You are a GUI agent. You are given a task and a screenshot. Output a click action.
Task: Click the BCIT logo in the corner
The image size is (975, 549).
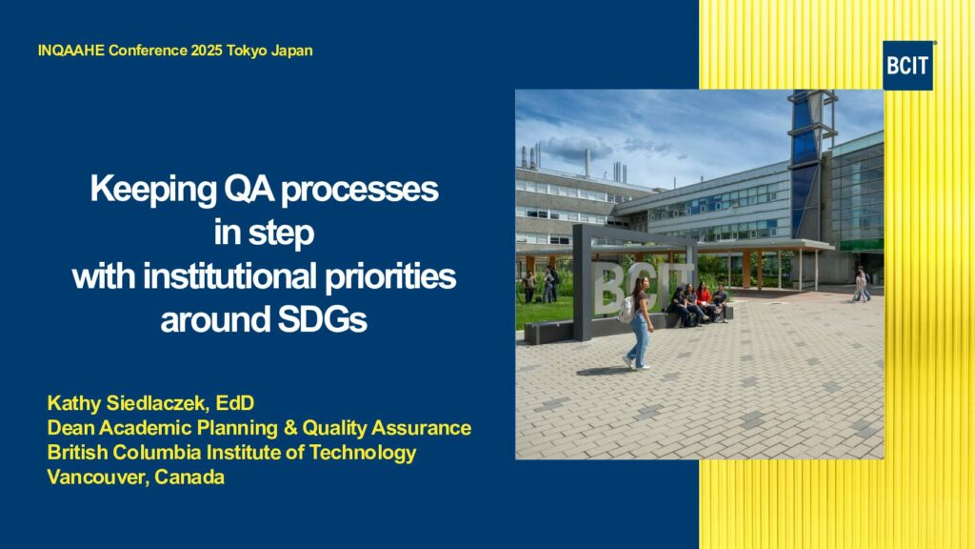click(x=907, y=66)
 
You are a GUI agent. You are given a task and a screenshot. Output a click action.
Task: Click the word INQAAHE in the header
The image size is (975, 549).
click(x=70, y=51)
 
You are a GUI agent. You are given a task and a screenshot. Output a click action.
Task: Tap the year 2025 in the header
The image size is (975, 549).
click(x=207, y=51)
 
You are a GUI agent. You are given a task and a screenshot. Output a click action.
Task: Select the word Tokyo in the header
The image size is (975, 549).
click(x=247, y=51)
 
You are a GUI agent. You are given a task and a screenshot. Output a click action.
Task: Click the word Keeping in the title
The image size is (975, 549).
click(x=153, y=190)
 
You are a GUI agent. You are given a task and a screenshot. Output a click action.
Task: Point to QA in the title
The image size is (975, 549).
click(x=249, y=190)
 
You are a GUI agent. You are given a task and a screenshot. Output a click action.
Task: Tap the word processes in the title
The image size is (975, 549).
click(x=359, y=190)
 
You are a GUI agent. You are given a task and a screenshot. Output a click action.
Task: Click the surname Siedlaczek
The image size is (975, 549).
click(x=155, y=403)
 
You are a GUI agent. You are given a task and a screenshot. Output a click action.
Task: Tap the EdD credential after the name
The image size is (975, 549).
click(x=235, y=403)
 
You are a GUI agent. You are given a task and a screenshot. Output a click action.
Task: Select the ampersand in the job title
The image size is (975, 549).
click(x=289, y=428)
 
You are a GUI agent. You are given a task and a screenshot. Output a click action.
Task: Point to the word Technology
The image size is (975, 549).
click(x=363, y=453)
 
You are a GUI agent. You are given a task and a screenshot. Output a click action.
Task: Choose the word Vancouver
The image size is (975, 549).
click(x=98, y=478)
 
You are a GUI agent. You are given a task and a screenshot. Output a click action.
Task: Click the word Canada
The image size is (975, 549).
click(x=189, y=478)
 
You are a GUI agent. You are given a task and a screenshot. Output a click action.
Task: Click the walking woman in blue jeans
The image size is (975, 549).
click(x=639, y=322)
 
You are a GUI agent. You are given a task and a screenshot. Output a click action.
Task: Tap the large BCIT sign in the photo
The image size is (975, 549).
click(x=634, y=283)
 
